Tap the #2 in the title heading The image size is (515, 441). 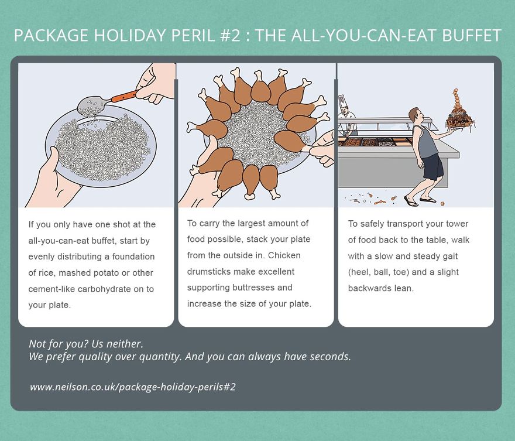(x=226, y=36)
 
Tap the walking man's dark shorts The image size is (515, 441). (x=433, y=166)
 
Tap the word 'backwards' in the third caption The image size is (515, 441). (x=368, y=288)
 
